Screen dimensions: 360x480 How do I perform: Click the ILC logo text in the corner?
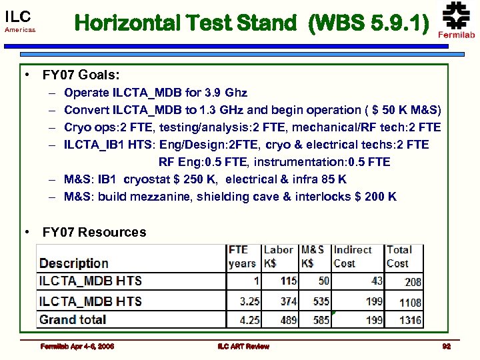click(x=18, y=17)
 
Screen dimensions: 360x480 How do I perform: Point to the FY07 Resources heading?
click(x=94, y=232)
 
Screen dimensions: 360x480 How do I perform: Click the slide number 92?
click(x=446, y=346)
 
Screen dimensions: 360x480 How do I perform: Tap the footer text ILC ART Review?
click(x=243, y=346)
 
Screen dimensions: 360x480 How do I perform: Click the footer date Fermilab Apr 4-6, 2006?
click(x=77, y=346)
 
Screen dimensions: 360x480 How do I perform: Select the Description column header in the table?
click(x=73, y=263)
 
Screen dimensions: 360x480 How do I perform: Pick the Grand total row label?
click(x=73, y=319)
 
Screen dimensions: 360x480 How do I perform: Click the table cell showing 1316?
click(x=410, y=320)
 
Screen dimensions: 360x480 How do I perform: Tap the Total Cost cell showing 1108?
click(x=410, y=302)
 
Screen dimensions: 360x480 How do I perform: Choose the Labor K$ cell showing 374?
click(x=288, y=301)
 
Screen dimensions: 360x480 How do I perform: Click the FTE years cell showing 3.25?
click(x=249, y=301)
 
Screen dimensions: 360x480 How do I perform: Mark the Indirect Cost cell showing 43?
click(x=377, y=281)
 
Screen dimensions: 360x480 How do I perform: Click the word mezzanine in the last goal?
click(x=182, y=197)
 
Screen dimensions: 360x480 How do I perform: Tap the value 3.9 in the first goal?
click(x=212, y=93)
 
